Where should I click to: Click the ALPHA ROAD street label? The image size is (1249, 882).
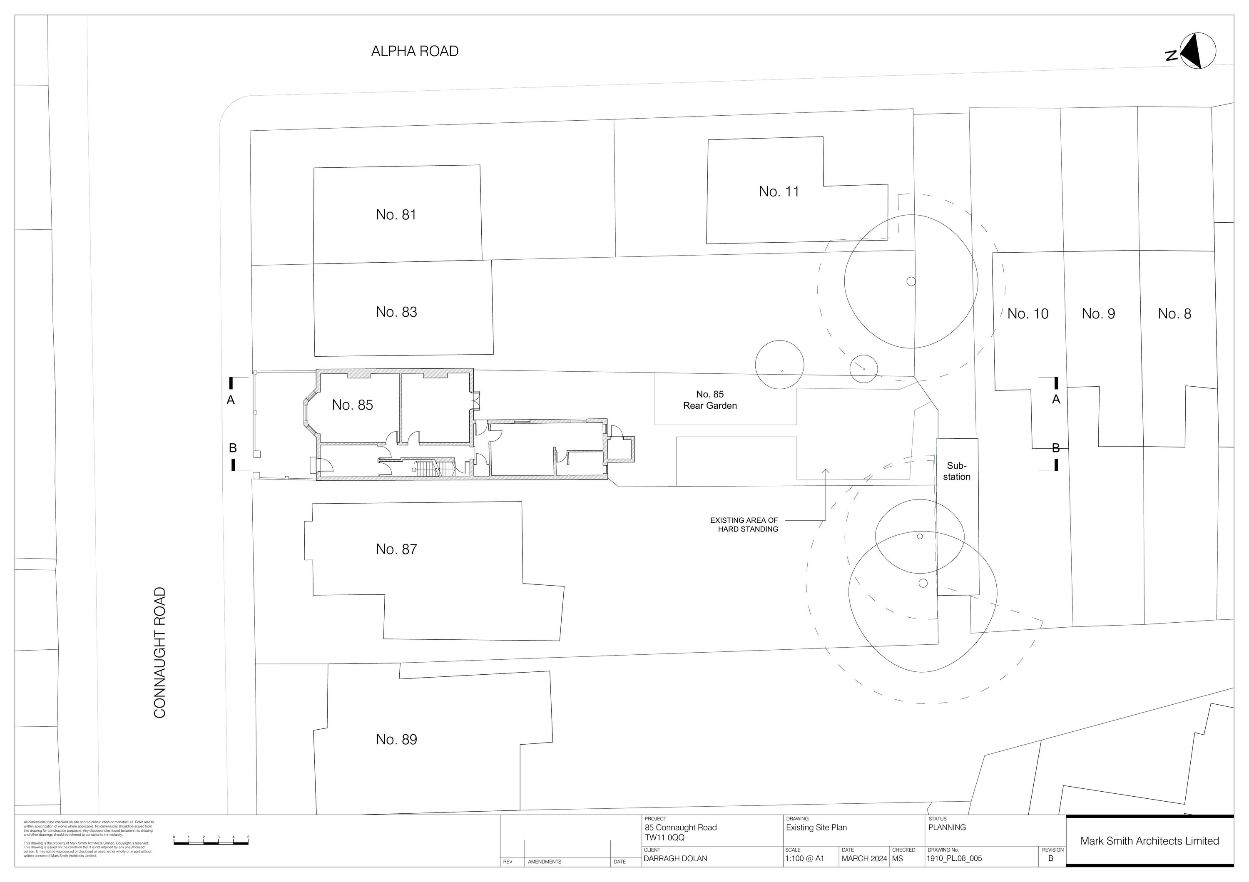click(x=415, y=51)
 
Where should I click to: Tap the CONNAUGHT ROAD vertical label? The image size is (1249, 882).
click(x=160, y=653)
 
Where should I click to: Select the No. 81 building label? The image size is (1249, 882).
click(x=396, y=215)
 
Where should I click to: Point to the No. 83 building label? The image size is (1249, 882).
click(x=396, y=312)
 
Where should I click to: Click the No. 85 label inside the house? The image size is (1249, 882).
click(x=353, y=405)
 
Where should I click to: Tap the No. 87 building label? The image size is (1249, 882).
click(x=396, y=549)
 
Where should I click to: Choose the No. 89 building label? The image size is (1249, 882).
click(x=396, y=740)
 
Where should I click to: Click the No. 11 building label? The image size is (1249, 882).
click(x=779, y=191)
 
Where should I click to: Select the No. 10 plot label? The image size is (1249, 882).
click(x=1028, y=314)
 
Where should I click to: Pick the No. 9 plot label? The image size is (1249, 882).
click(x=1098, y=314)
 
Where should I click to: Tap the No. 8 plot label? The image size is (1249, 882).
click(x=1174, y=314)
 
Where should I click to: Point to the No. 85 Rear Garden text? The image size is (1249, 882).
click(x=710, y=400)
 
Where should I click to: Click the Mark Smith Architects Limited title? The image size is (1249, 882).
click(x=1149, y=841)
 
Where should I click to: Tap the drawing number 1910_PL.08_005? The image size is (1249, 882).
click(x=955, y=859)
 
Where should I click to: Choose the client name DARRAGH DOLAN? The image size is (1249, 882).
click(x=675, y=859)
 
